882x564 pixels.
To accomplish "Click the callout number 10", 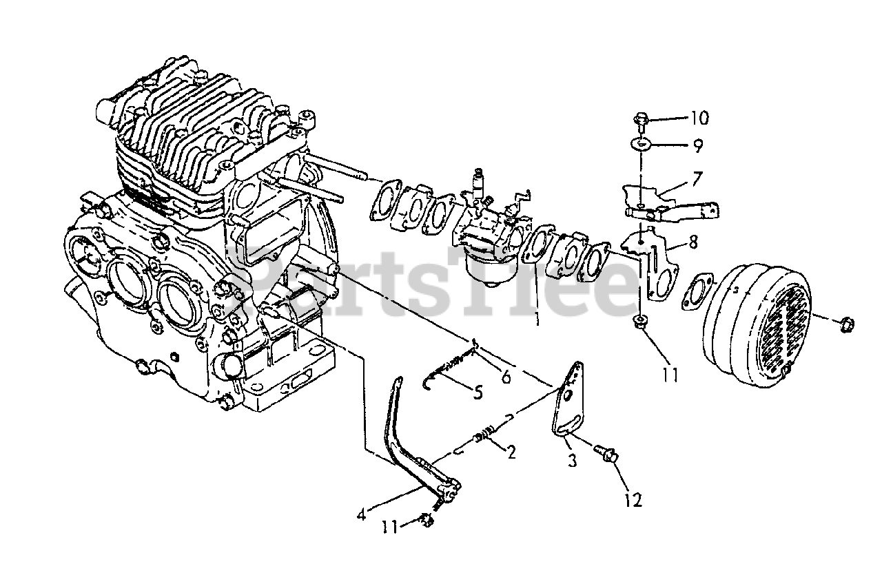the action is point(698,118).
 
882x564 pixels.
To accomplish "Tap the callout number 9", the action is point(698,145).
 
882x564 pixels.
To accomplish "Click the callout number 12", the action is point(633,500).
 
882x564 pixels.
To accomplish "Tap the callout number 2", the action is point(511,452).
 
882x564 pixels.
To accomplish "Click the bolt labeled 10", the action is point(640,121).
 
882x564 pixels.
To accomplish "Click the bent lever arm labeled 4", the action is point(407,441).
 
